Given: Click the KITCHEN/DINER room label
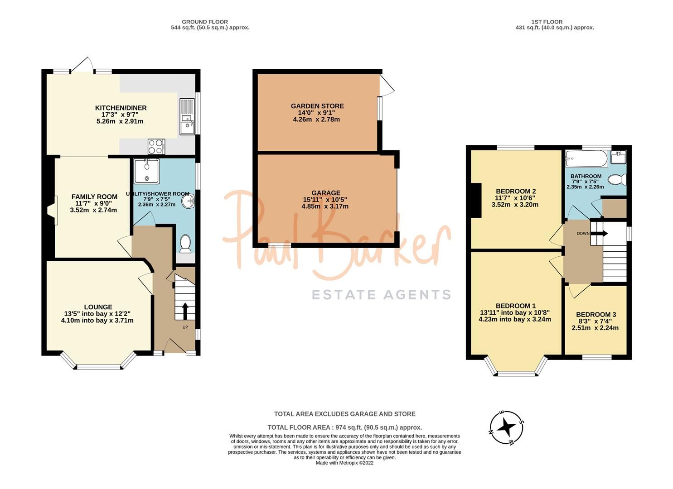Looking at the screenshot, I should point(121,108).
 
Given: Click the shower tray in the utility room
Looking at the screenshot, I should point(146,171).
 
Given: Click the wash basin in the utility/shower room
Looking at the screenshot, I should point(188,201).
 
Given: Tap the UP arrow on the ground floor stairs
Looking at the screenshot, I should point(185,311).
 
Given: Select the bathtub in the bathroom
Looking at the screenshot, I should point(586,158).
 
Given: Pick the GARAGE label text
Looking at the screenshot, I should point(325,193).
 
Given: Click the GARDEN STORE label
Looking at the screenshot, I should point(317,106).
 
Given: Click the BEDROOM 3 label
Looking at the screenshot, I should point(596,314).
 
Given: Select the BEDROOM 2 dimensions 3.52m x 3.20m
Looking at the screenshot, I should point(514,204).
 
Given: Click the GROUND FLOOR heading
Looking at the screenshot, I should point(204,22).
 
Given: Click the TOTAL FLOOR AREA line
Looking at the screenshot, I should point(344,427).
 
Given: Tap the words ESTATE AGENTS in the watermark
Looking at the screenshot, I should point(381,295).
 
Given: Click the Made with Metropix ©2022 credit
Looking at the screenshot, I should point(344,463).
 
